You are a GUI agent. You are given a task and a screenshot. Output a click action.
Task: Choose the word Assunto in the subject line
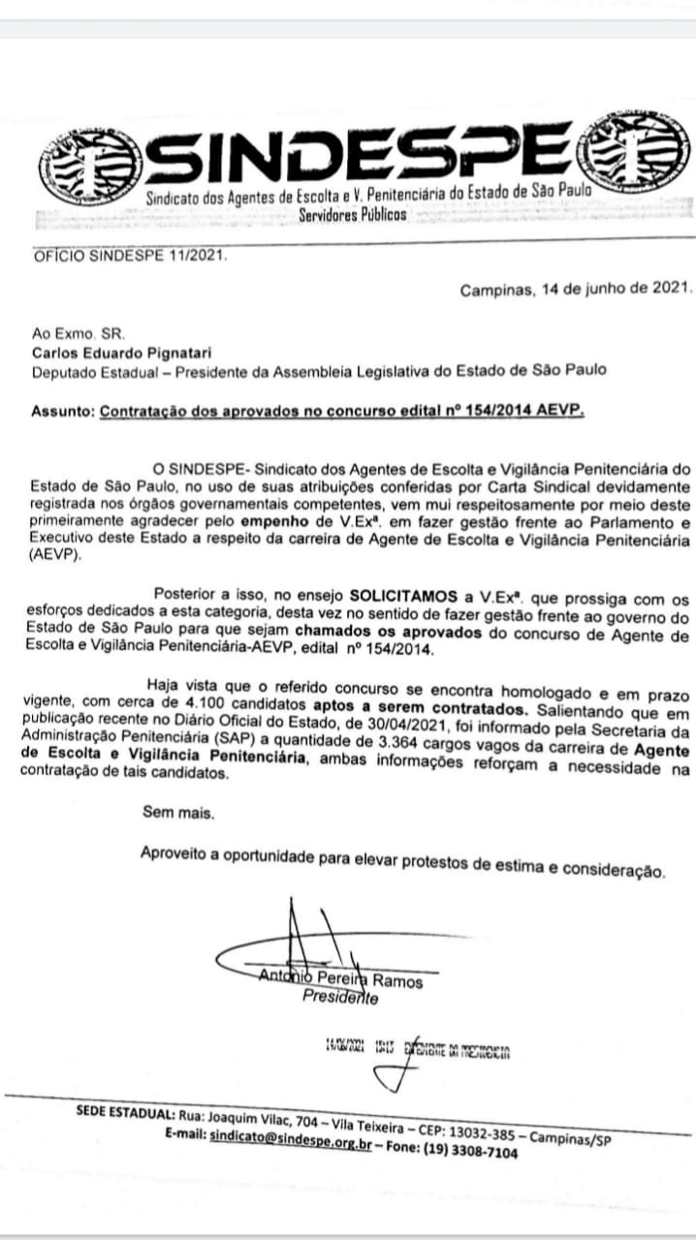pyautogui.click(x=61, y=411)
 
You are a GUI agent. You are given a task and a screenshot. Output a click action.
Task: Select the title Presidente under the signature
pyautogui.click(x=339, y=997)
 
